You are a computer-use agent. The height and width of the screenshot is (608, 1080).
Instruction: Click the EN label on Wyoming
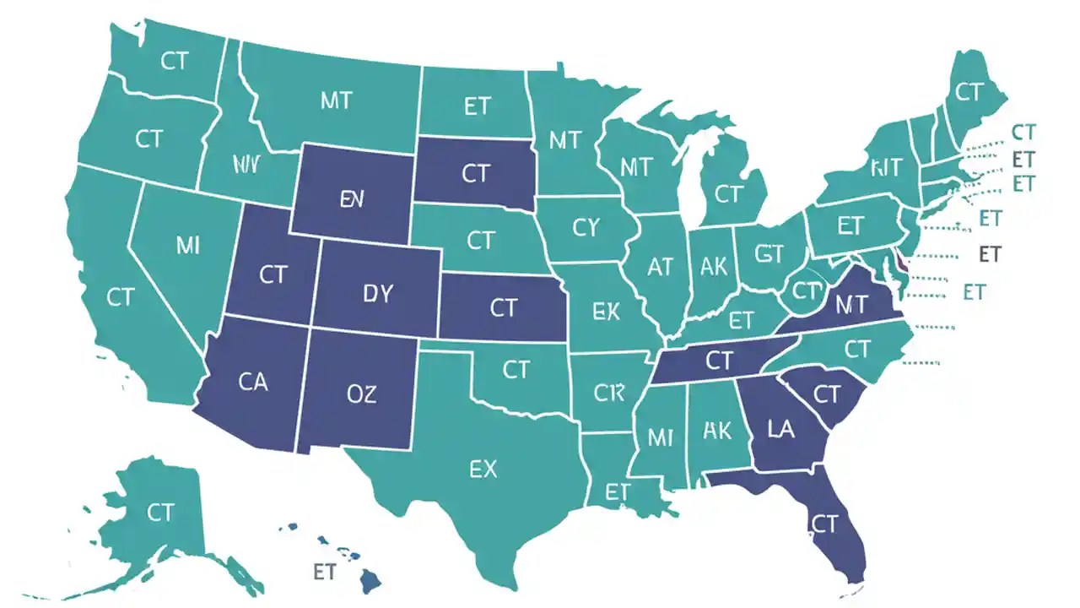point(351,199)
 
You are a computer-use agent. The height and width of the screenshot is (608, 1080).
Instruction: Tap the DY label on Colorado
point(378,293)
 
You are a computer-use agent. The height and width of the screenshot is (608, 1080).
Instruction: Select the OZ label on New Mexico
point(361,393)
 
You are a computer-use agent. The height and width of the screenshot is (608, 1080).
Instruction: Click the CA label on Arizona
point(252,382)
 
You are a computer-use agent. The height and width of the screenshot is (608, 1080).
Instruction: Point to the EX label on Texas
point(483,469)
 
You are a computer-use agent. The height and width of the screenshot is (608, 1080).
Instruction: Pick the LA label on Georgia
point(781,429)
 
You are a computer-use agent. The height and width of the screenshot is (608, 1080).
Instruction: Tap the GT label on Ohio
point(769,253)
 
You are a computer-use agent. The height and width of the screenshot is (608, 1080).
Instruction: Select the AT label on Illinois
point(660,267)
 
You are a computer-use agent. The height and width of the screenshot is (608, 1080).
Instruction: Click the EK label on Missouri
point(606,312)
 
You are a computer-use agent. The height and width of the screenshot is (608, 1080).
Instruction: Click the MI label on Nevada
point(188,246)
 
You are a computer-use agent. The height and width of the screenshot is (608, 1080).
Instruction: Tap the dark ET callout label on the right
point(989,253)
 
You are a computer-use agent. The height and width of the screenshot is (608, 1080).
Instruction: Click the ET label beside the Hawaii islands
point(325,572)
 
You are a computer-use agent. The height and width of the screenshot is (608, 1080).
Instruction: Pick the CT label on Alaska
point(160,512)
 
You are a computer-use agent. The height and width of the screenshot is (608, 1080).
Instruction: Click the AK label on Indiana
point(714,267)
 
